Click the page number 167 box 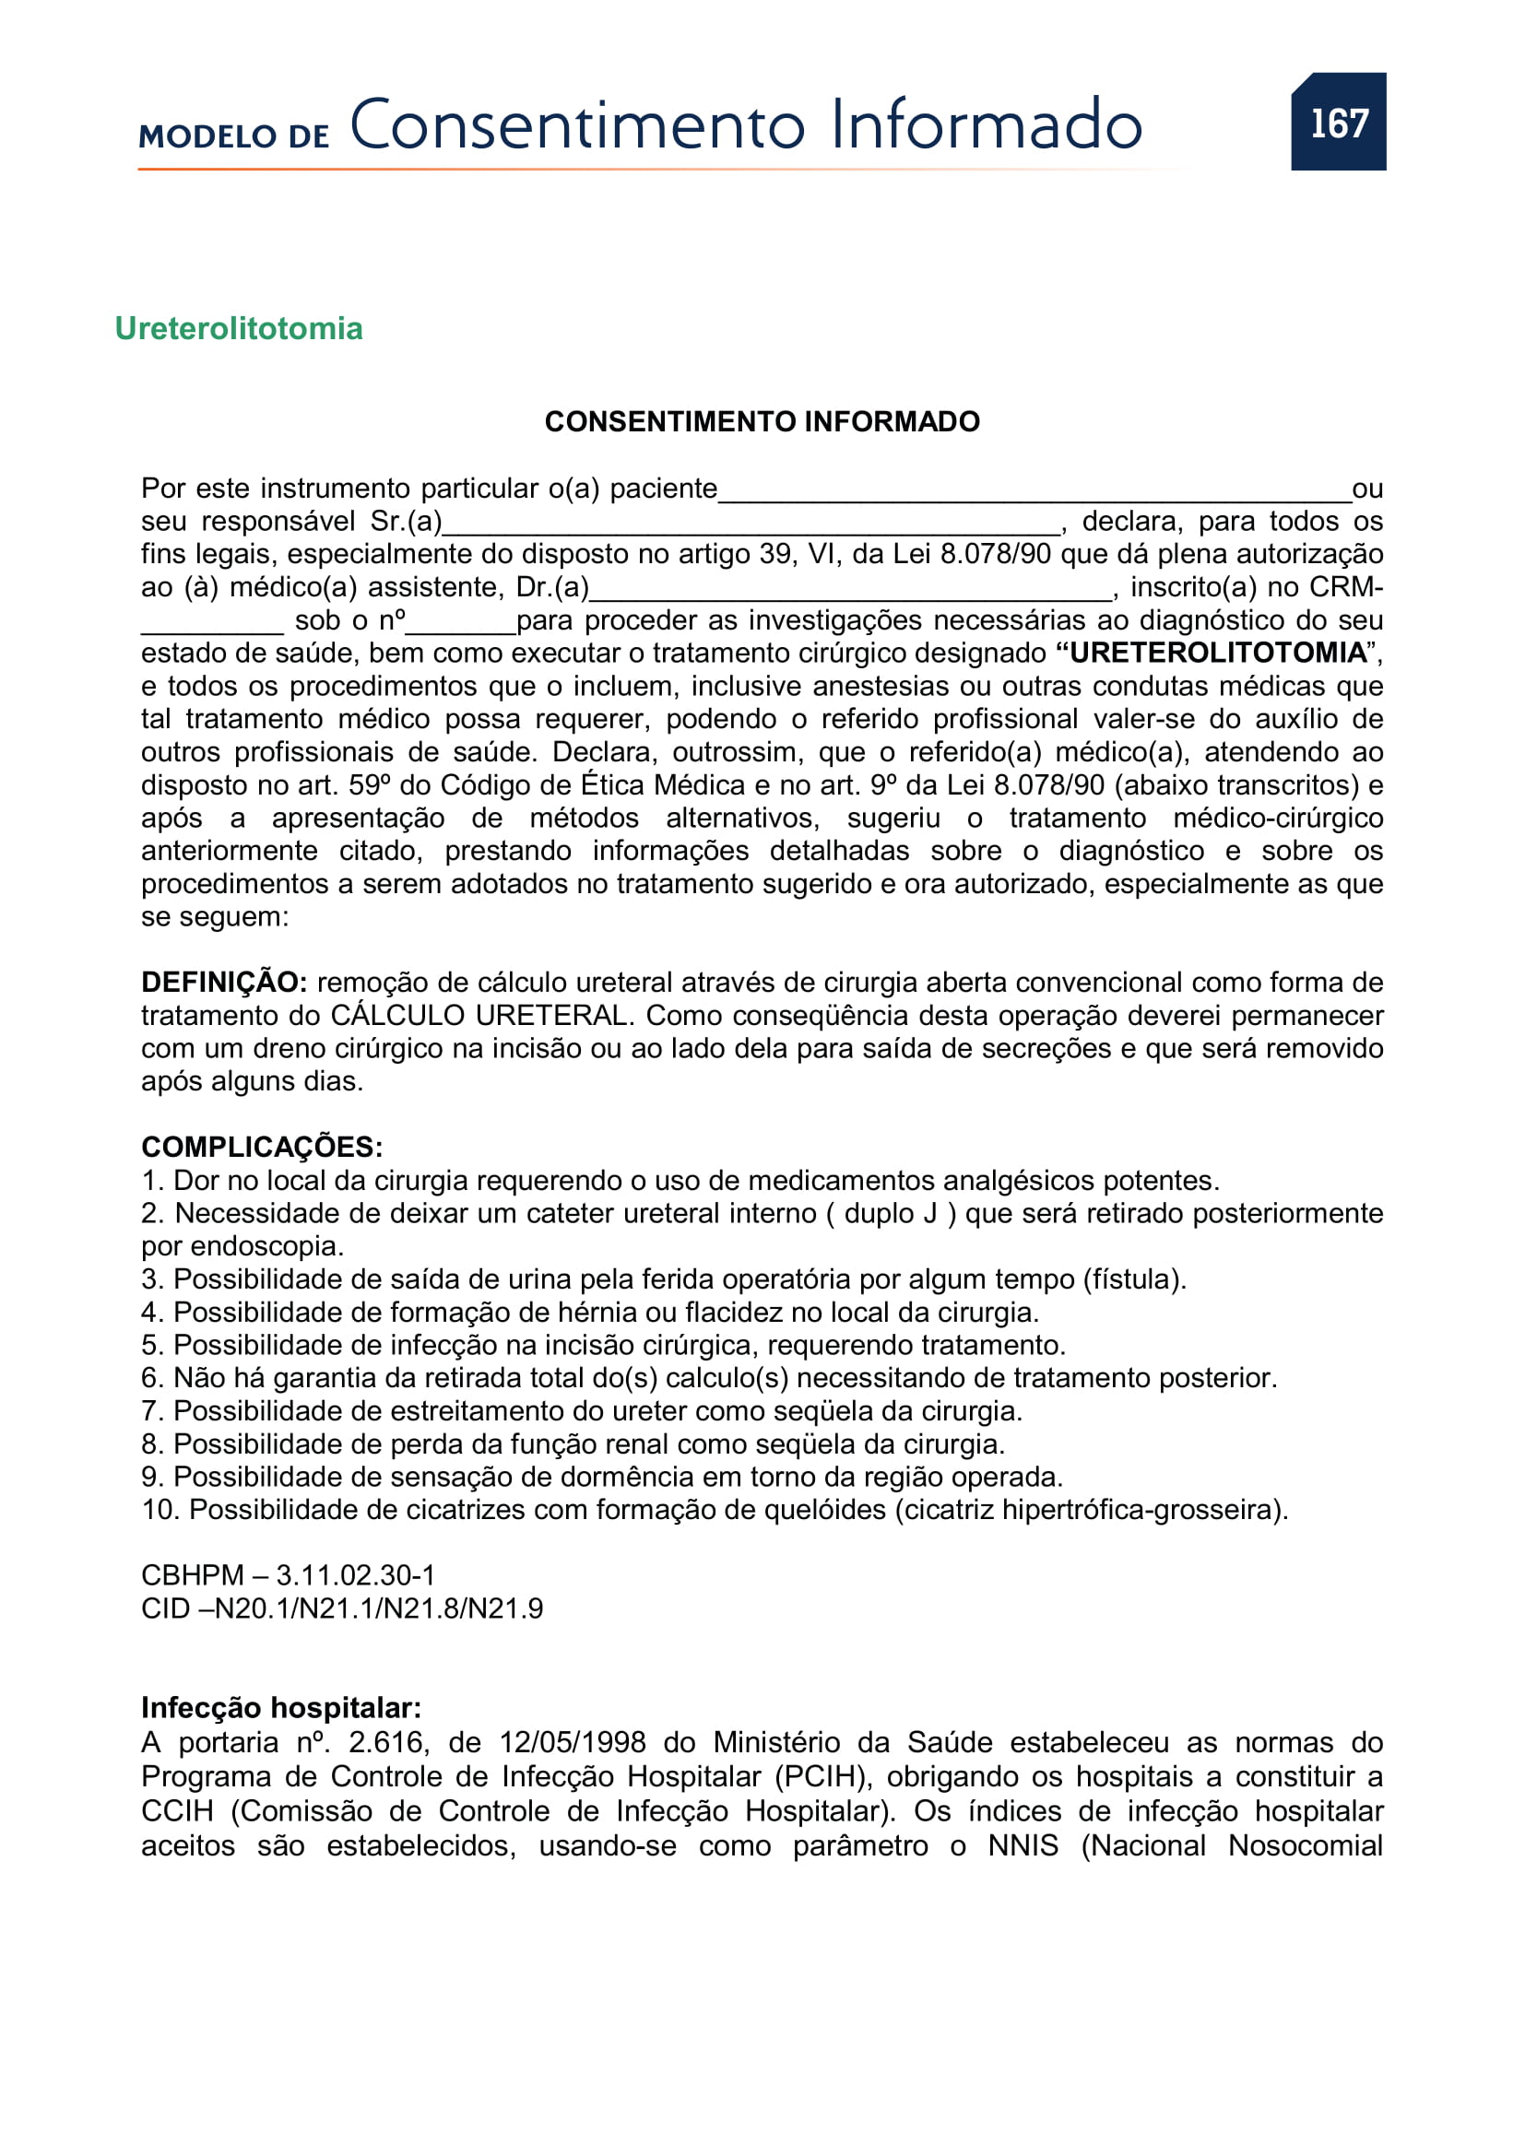pos(1337,122)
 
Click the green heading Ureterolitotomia pos(239,329)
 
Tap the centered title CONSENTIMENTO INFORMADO pos(762,421)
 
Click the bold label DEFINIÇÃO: pos(223,983)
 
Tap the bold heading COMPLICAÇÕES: pos(262,1147)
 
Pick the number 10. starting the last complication pos(160,1509)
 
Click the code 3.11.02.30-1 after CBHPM pos(355,1574)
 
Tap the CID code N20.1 pos(252,1608)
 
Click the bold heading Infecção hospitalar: pos(281,1707)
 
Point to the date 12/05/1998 pos(572,1742)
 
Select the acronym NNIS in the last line pos(1023,1845)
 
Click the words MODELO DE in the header pos(234,136)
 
